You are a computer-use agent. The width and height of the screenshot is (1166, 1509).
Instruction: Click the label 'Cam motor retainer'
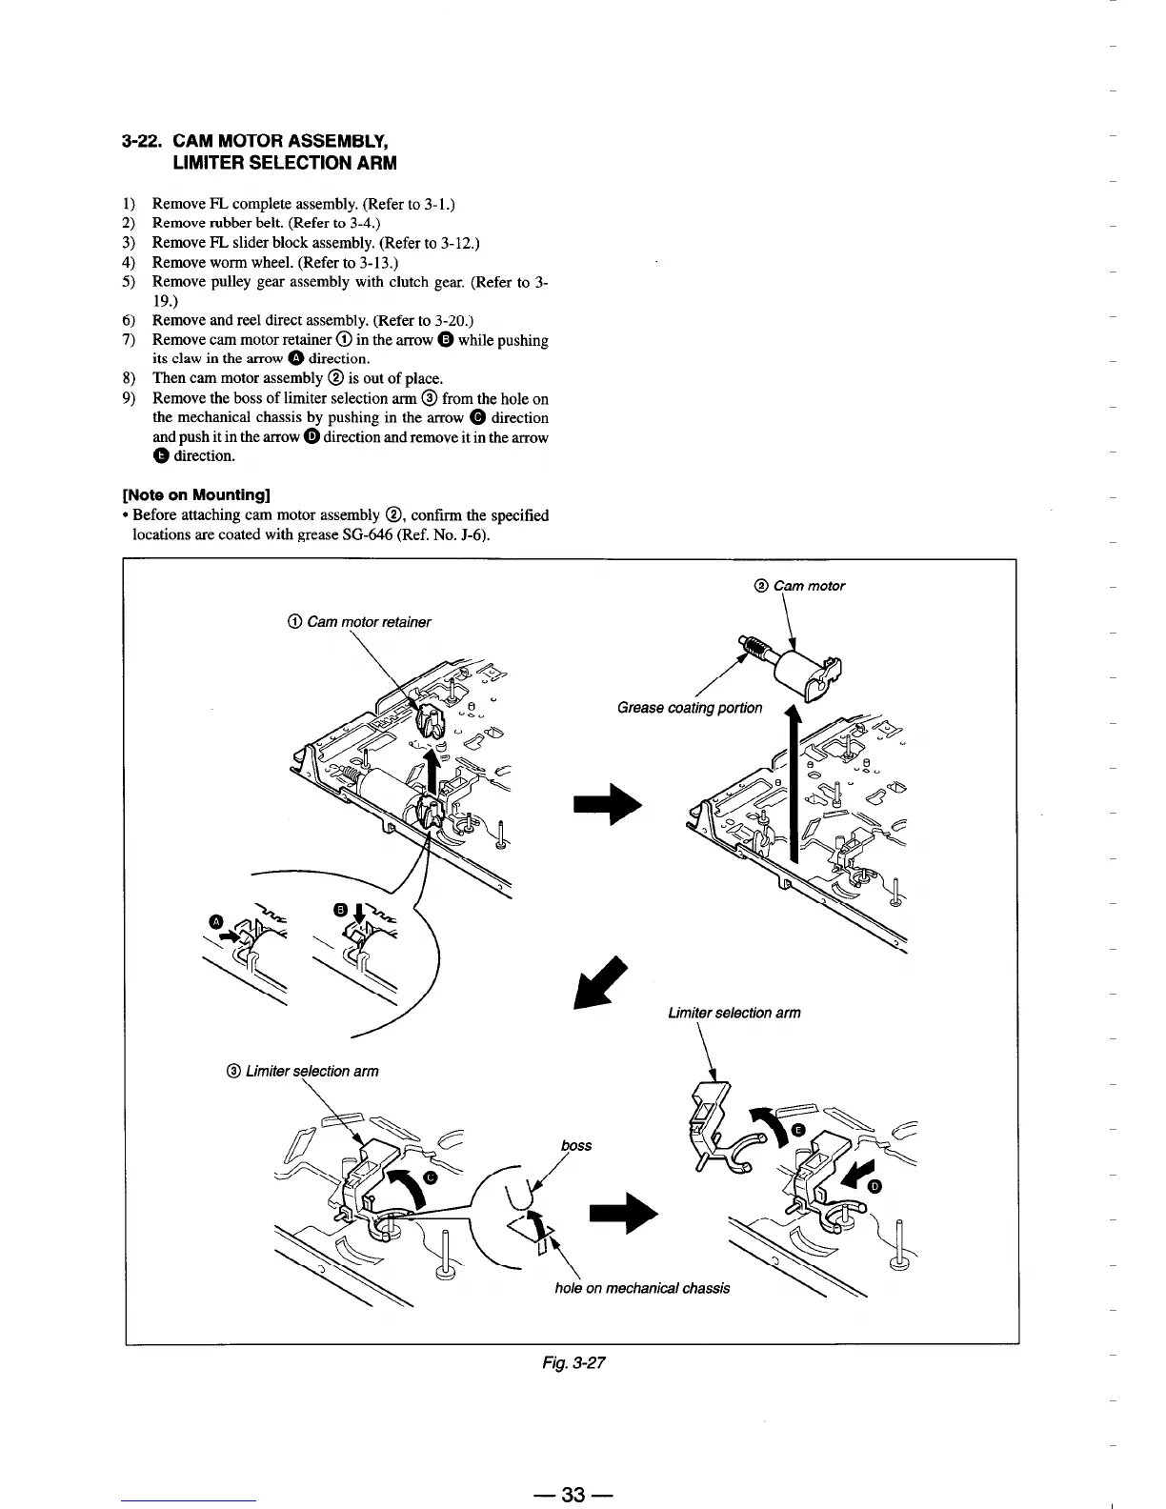[358, 622]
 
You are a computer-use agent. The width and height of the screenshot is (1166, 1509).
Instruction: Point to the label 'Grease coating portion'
[690, 708]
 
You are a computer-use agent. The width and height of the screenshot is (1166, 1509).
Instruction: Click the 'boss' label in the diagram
[577, 1145]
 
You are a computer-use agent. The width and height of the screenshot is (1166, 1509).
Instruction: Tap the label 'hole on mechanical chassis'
[642, 1288]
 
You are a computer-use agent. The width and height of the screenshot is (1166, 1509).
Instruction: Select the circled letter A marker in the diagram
[216, 920]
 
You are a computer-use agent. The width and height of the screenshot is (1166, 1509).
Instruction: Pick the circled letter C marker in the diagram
[431, 1177]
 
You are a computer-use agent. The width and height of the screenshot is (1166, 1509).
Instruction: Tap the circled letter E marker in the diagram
[798, 1130]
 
